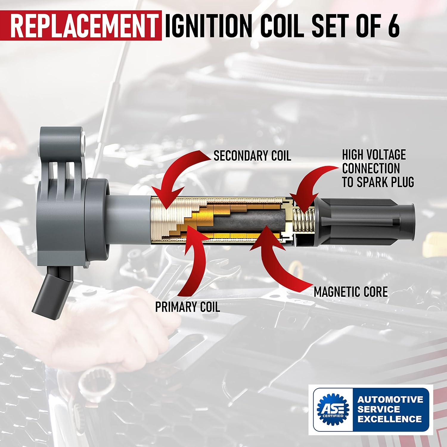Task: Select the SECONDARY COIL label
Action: (252, 156)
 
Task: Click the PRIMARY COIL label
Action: (187, 307)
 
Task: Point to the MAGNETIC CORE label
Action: (351, 292)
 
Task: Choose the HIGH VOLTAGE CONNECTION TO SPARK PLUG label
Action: (378, 168)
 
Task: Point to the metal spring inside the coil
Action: (304, 221)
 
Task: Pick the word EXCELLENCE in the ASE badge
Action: (389, 419)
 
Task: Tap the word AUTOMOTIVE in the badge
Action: (390, 399)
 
